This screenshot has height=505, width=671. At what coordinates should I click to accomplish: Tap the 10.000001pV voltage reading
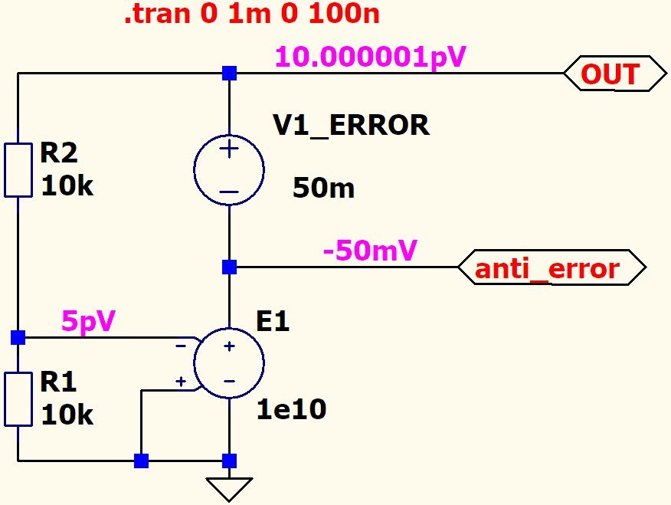[371, 57]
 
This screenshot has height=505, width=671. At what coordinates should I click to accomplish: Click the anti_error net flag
[550, 268]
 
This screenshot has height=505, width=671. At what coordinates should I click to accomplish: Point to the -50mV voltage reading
[371, 251]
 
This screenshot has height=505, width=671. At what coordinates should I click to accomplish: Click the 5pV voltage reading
[88, 321]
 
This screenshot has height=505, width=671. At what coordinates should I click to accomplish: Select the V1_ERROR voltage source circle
[229, 170]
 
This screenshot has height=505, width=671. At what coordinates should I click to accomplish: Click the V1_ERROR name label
[351, 125]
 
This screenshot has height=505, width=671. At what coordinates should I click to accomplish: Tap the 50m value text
[323, 189]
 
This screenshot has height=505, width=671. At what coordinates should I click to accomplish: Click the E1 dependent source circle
[229, 363]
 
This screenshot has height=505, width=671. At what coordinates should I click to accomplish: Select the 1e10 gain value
[291, 410]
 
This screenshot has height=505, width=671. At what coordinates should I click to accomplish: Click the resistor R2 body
[18, 169]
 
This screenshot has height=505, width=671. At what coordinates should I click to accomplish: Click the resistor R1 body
[18, 398]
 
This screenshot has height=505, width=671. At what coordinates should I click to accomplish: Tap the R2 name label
[59, 154]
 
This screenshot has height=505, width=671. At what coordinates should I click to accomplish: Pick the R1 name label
[58, 382]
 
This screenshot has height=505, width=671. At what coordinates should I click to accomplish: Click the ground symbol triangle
[229, 488]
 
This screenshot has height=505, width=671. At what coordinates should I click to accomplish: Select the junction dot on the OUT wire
[229, 74]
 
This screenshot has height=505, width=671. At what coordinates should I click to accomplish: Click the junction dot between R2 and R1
[18, 337]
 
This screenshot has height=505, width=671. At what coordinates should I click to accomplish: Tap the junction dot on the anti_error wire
[229, 267]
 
